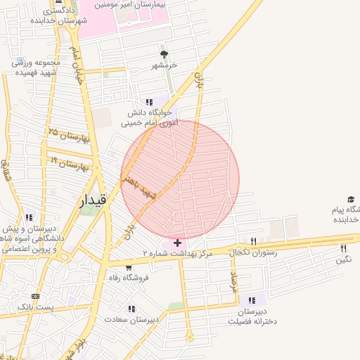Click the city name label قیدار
coord(94,200)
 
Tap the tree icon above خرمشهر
coord(165,54)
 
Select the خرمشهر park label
coord(165,65)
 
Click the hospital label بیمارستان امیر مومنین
coord(133,4)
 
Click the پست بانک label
coord(34,308)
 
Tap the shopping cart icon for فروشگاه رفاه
coord(129,267)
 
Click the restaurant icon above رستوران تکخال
coord(253,241)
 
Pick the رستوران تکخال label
coord(252,252)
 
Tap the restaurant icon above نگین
coord(343,248)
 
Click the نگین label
coord(343,259)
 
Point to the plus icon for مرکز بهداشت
coord(176,242)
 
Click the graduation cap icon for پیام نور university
coord(351,200)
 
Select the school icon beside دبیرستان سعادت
coord(131,308)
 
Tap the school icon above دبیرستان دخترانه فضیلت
coord(252,300)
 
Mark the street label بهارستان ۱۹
coord(69,164)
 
